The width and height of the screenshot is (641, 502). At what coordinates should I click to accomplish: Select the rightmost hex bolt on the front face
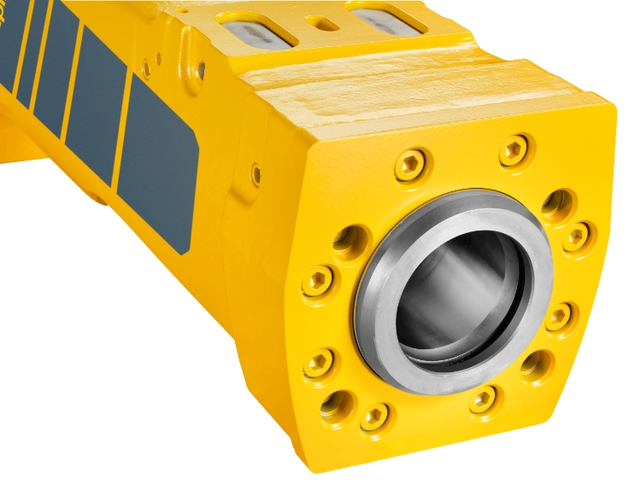point(578,236)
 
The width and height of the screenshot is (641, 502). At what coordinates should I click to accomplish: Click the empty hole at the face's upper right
point(557,202)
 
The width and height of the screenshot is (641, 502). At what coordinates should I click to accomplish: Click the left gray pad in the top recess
point(256,28)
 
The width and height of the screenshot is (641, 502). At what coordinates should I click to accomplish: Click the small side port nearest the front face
point(256,174)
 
